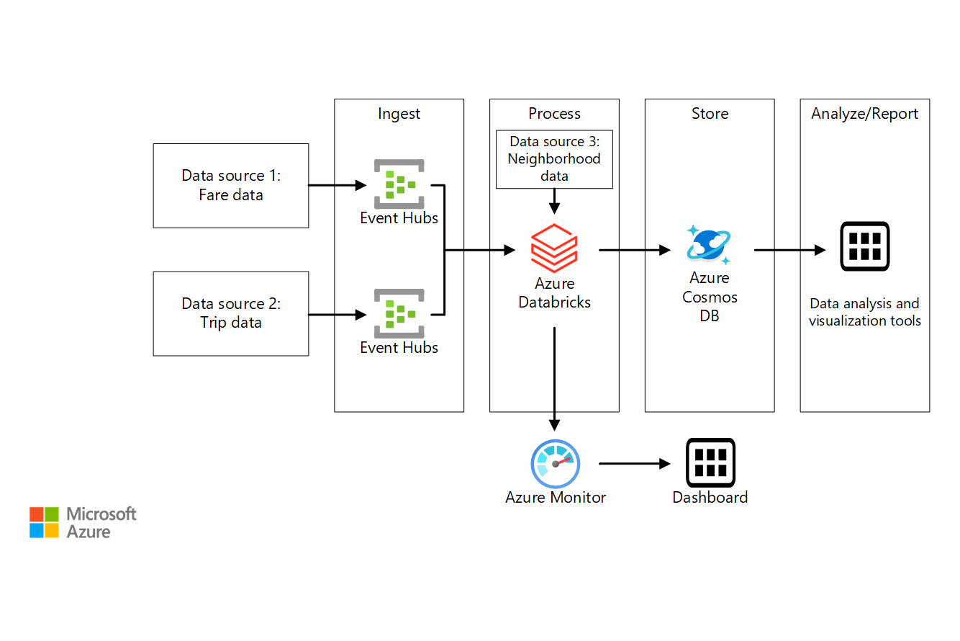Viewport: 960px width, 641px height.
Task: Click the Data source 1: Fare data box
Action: coord(231,186)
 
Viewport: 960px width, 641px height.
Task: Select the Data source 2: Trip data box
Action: coord(231,313)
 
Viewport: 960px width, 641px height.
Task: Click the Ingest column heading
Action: coord(399,114)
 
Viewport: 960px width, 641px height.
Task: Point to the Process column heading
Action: coord(554,114)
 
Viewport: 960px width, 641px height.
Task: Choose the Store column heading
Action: coord(710,114)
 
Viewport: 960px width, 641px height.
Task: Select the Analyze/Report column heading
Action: coord(864,114)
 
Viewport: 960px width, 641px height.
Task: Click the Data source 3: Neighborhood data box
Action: coord(554,159)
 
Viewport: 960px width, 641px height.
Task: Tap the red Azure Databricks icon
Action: coord(554,247)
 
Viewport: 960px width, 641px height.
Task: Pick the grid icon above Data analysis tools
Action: coord(865,246)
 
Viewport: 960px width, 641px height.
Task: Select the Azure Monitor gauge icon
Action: coord(555,464)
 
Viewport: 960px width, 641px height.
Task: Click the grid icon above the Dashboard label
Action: coord(710,462)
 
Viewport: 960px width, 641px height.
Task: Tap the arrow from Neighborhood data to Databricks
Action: coord(554,201)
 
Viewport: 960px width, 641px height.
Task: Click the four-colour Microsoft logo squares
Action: coord(44,522)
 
